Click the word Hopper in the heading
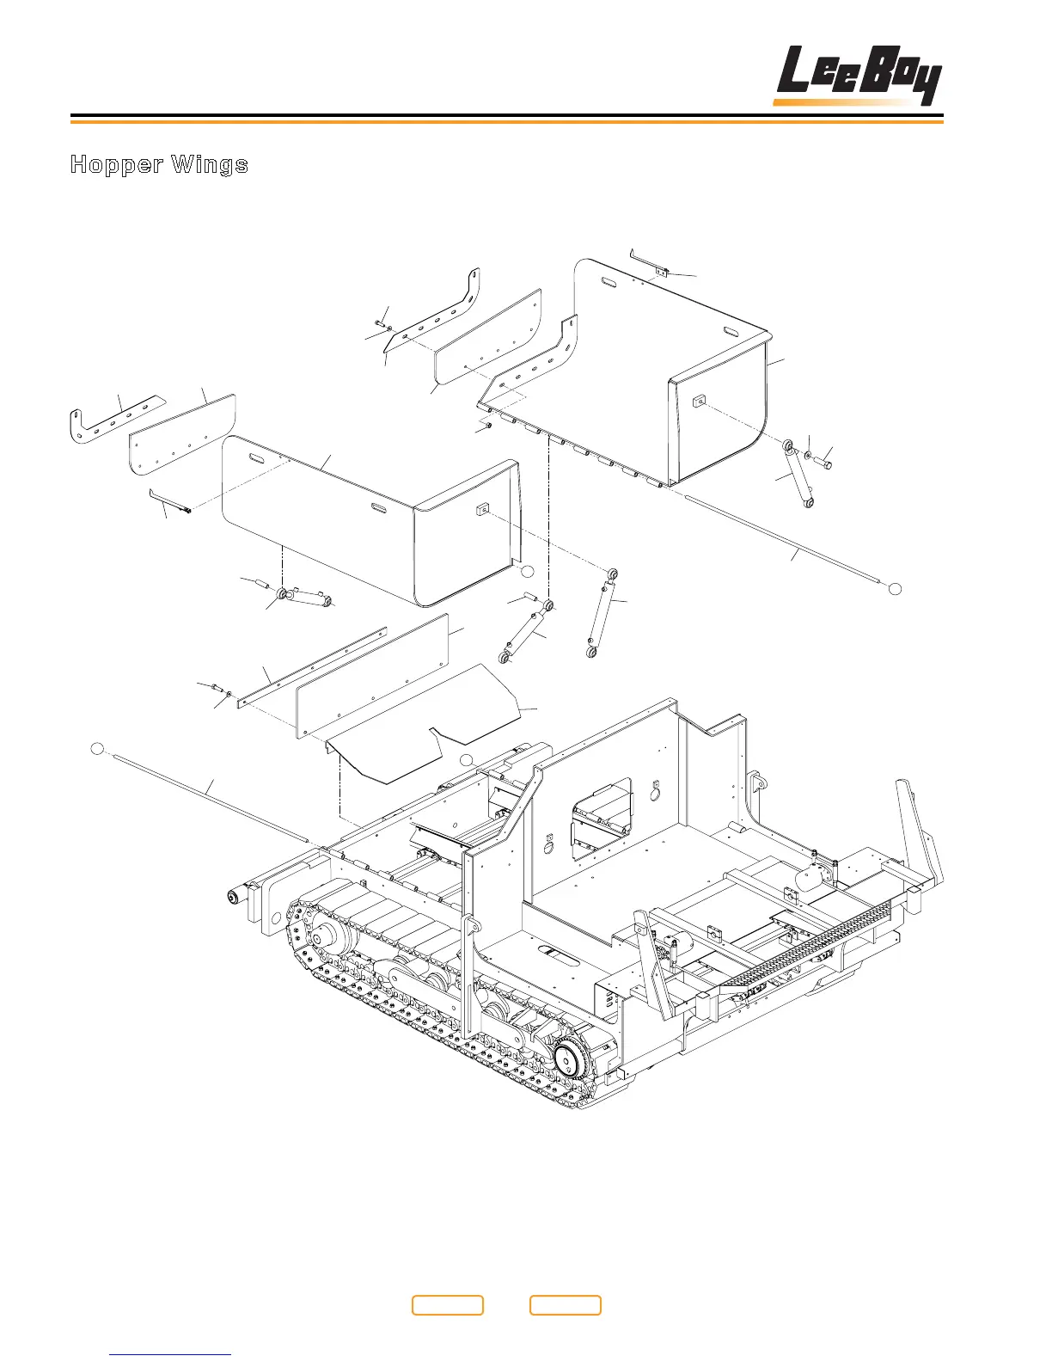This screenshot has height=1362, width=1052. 117,164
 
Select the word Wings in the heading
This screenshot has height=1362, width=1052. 209,164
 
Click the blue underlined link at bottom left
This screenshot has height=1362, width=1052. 171,1354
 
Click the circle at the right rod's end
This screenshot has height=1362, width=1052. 895,588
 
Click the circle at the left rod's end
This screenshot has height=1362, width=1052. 98,748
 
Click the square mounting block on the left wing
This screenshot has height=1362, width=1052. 481,509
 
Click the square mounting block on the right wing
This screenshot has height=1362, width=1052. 700,399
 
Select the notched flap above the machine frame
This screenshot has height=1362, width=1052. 421,722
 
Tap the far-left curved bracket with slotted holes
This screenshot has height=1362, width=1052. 112,419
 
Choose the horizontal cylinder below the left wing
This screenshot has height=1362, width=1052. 305,597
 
